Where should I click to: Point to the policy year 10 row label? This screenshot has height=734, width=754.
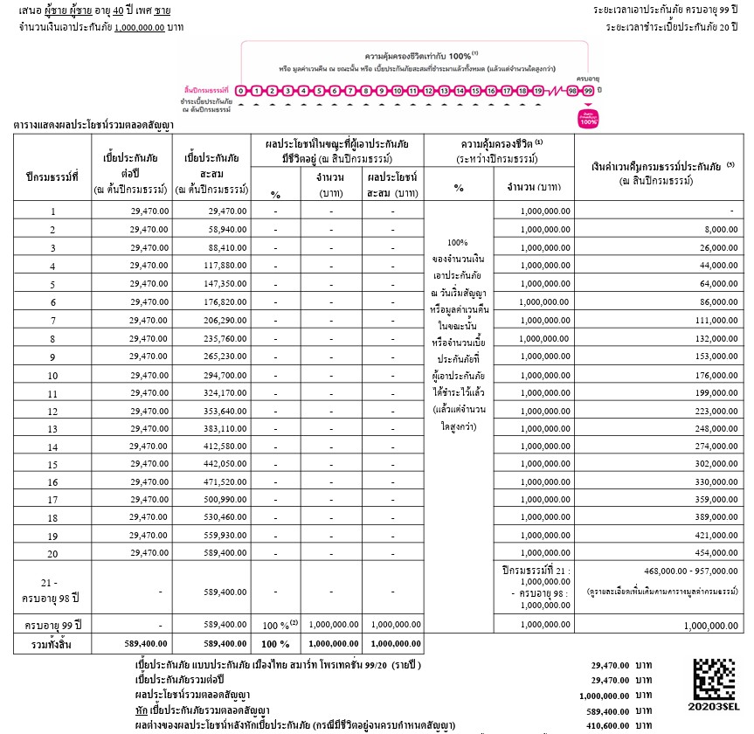coord(52,375)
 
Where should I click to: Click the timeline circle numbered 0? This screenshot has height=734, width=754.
coord(241,90)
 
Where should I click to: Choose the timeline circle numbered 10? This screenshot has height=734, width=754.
coord(398,90)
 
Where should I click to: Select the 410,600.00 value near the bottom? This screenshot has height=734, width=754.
coord(608,725)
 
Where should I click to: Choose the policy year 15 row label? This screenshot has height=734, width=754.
coord(52,465)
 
